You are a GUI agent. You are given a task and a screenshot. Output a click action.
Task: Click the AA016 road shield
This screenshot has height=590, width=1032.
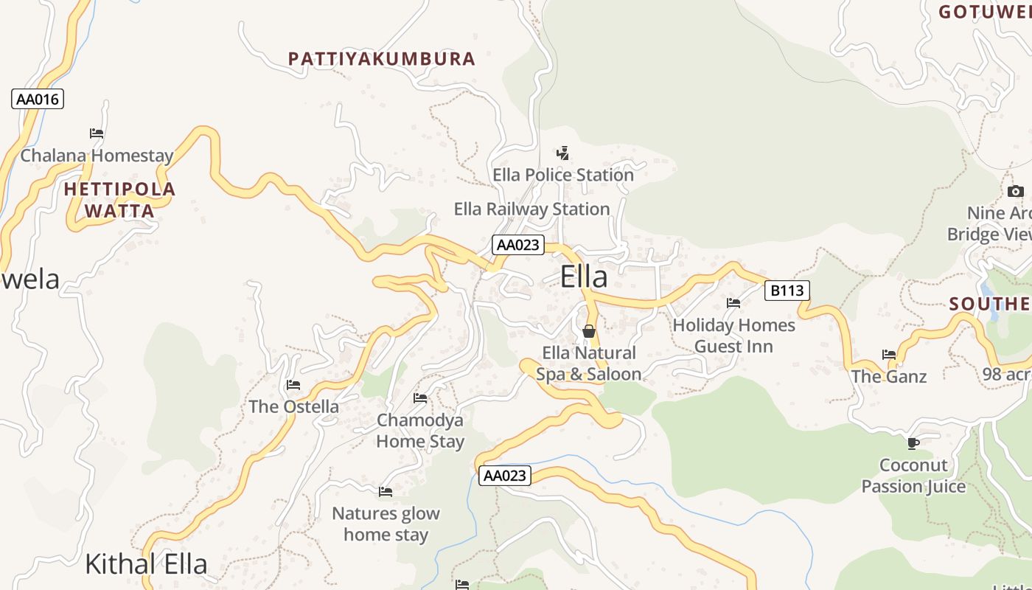click(38, 99)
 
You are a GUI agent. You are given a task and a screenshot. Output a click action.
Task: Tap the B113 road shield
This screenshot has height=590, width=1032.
click(787, 291)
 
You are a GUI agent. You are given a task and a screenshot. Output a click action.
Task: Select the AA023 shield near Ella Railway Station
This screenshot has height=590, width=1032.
click(518, 245)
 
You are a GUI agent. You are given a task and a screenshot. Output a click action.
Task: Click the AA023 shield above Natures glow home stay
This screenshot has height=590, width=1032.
click(504, 476)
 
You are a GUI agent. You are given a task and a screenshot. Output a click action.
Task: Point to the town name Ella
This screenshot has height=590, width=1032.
click(584, 277)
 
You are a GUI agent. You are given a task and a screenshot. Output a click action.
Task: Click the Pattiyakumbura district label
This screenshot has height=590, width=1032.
click(381, 59)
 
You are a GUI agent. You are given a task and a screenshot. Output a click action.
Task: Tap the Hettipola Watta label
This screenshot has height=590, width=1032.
click(119, 200)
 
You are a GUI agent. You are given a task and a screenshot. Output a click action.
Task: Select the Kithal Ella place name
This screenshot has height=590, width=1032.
click(146, 564)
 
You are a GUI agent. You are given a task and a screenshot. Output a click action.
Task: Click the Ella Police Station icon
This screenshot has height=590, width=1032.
click(562, 153)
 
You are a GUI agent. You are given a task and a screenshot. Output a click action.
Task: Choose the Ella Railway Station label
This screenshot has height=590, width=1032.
click(531, 209)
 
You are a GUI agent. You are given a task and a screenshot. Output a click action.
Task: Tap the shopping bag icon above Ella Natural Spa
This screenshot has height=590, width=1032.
click(588, 331)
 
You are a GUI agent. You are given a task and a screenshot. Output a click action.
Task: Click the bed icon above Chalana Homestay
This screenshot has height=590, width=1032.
click(97, 133)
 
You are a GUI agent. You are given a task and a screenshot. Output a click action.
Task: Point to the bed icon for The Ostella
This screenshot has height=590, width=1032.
click(293, 385)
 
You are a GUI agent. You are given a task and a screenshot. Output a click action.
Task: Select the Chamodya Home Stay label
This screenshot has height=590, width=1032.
click(420, 431)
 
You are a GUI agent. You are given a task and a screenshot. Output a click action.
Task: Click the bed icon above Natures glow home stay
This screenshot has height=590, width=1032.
click(386, 492)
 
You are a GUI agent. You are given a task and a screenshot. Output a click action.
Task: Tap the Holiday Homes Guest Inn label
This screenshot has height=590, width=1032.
click(733, 336)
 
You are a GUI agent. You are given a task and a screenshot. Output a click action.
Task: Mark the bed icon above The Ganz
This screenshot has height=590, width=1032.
click(889, 355)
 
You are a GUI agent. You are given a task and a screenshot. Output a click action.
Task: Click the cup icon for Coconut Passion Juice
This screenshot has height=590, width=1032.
click(913, 443)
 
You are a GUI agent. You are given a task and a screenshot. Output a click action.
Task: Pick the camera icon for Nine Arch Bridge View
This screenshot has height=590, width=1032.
click(1015, 192)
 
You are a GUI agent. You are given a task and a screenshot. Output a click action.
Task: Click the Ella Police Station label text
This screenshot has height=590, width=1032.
click(563, 176)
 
